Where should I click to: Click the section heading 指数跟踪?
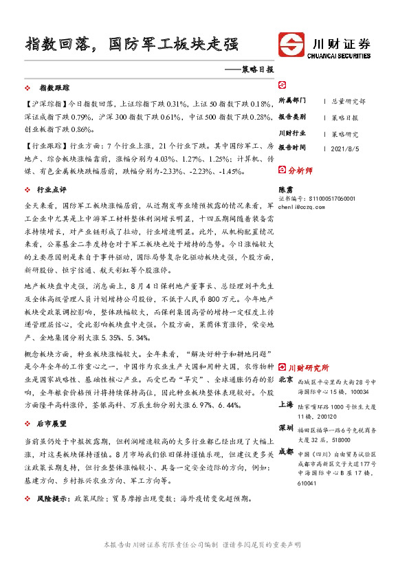point(54,89)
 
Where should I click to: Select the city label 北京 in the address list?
point(286,380)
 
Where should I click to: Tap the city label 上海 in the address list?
point(286,405)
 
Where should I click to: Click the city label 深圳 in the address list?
point(286,428)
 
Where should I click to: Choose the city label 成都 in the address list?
point(286,452)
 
